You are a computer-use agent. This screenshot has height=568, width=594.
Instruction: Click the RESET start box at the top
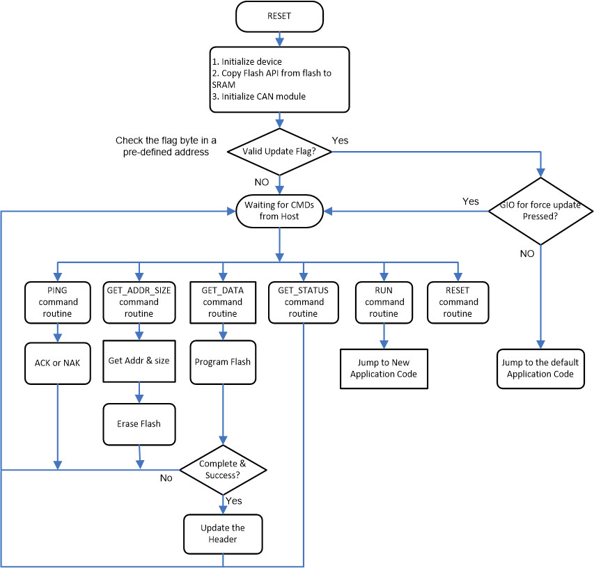coord(279,17)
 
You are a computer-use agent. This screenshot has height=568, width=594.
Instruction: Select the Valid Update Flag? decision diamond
coord(279,152)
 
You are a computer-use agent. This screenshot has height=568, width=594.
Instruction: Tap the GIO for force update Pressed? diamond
coord(540,211)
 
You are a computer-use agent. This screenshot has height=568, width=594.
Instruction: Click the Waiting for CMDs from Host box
coord(279,211)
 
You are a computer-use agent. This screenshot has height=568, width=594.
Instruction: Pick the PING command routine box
coord(58,302)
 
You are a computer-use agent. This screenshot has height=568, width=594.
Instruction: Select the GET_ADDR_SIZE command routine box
coord(139,302)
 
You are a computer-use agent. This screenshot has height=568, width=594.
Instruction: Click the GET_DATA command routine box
coord(222,302)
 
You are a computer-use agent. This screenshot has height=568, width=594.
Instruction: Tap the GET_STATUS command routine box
coord(304,302)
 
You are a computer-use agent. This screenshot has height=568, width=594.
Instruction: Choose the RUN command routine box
coord(384,302)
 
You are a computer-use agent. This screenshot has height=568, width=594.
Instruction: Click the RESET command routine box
coord(458,302)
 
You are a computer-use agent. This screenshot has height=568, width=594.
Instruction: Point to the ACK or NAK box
coord(58,363)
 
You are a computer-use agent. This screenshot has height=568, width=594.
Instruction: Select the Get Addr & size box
coord(139,361)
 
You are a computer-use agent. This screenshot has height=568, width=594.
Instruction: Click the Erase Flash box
coord(139,423)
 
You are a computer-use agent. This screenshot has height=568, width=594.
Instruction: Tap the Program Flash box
coord(222,362)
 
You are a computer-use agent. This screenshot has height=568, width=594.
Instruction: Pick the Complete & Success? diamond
coord(223,470)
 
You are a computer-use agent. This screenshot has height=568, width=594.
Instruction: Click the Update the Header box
coord(223,534)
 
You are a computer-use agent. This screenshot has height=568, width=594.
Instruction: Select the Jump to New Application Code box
coord(384,368)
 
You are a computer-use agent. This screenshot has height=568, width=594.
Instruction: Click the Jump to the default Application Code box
coord(540,368)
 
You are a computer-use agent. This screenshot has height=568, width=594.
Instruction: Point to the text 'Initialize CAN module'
coord(263,96)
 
